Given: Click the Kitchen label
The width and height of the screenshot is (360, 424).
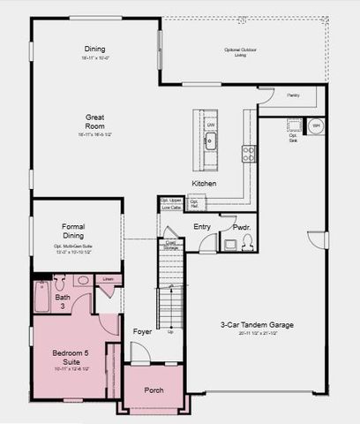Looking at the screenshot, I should coord(205,183).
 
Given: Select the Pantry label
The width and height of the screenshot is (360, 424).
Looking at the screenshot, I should coord(292,95).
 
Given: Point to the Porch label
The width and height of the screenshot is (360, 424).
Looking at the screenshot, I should coord(154,390).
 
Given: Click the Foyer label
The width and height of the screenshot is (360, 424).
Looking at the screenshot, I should coord(143,332).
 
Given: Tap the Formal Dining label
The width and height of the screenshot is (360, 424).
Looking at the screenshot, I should coord(73,231).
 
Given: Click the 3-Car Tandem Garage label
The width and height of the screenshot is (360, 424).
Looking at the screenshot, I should coord(257,325).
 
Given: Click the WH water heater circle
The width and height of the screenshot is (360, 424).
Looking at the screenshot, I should coord(316,125).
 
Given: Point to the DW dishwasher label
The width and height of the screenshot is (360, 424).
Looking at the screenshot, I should coord(211,125).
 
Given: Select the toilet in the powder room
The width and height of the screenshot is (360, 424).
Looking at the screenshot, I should coord(248,241).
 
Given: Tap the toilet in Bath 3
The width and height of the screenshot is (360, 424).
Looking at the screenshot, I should coord(59,283).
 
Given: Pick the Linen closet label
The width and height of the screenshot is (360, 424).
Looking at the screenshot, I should coord(108,280).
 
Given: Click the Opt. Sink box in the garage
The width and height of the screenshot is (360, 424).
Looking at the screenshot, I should coord(295,126).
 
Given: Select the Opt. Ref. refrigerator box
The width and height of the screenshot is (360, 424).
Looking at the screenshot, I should coord(195,204).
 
